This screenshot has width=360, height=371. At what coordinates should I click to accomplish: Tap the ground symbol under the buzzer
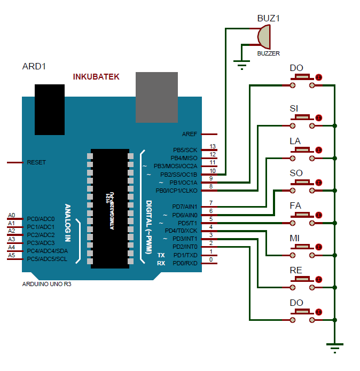(x=242, y=65)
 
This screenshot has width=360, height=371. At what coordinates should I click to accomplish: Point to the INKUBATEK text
(x=96, y=77)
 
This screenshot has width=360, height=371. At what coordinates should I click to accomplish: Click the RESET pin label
(x=36, y=162)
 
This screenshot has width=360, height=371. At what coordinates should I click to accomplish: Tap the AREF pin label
(x=190, y=135)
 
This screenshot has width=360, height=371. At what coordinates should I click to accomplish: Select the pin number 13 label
(x=213, y=146)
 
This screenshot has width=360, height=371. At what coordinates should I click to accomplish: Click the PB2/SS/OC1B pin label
(x=178, y=175)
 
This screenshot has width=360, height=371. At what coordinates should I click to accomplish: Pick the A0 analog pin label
(x=11, y=216)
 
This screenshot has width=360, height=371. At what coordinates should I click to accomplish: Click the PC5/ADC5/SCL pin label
(x=47, y=259)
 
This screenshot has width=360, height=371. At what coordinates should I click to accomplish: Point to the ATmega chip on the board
(x=109, y=208)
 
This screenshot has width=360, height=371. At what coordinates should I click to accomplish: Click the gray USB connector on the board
(x=156, y=97)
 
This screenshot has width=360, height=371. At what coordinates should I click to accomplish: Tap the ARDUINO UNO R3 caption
(x=47, y=284)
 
